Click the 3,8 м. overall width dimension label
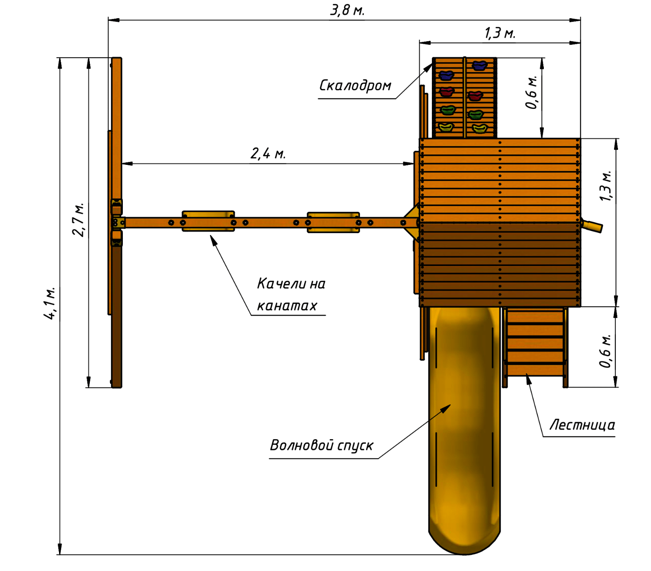click(x=347, y=10)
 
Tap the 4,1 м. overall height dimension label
click(x=50, y=303)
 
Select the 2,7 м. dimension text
click(x=79, y=220)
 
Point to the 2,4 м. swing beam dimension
click(x=268, y=154)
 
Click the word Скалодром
click(x=355, y=85)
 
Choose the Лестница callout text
click(x=582, y=425)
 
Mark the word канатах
click(x=287, y=306)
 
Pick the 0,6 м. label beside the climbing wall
click(x=532, y=92)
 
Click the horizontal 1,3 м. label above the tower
click(x=500, y=33)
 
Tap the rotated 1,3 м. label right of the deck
click(x=606, y=185)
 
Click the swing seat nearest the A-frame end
click(x=208, y=221)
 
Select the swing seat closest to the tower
click(x=333, y=222)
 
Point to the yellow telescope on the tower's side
click(x=592, y=226)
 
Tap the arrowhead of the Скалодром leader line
click(x=430, y=66)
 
